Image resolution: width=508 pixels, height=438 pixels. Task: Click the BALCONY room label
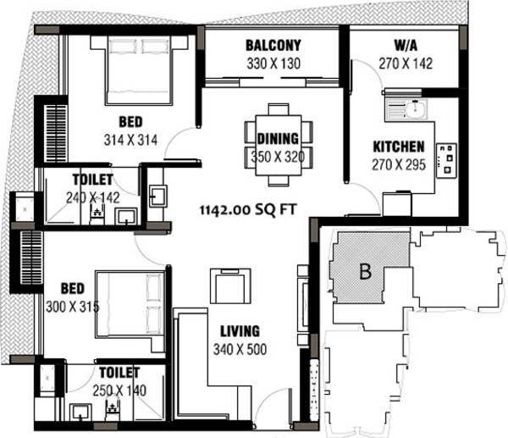tap(273, 46)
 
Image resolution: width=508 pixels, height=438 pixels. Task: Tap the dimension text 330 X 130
tap(273, 64)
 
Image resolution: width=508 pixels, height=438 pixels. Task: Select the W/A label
tap(403, 46)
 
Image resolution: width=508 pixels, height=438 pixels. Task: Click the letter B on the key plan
tap(366, 272)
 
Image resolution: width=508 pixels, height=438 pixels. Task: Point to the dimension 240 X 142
tap(91, 197)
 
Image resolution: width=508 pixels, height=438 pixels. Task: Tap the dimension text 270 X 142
tap(403, 63)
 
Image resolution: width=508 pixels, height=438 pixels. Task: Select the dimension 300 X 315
tap(72, 306)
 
